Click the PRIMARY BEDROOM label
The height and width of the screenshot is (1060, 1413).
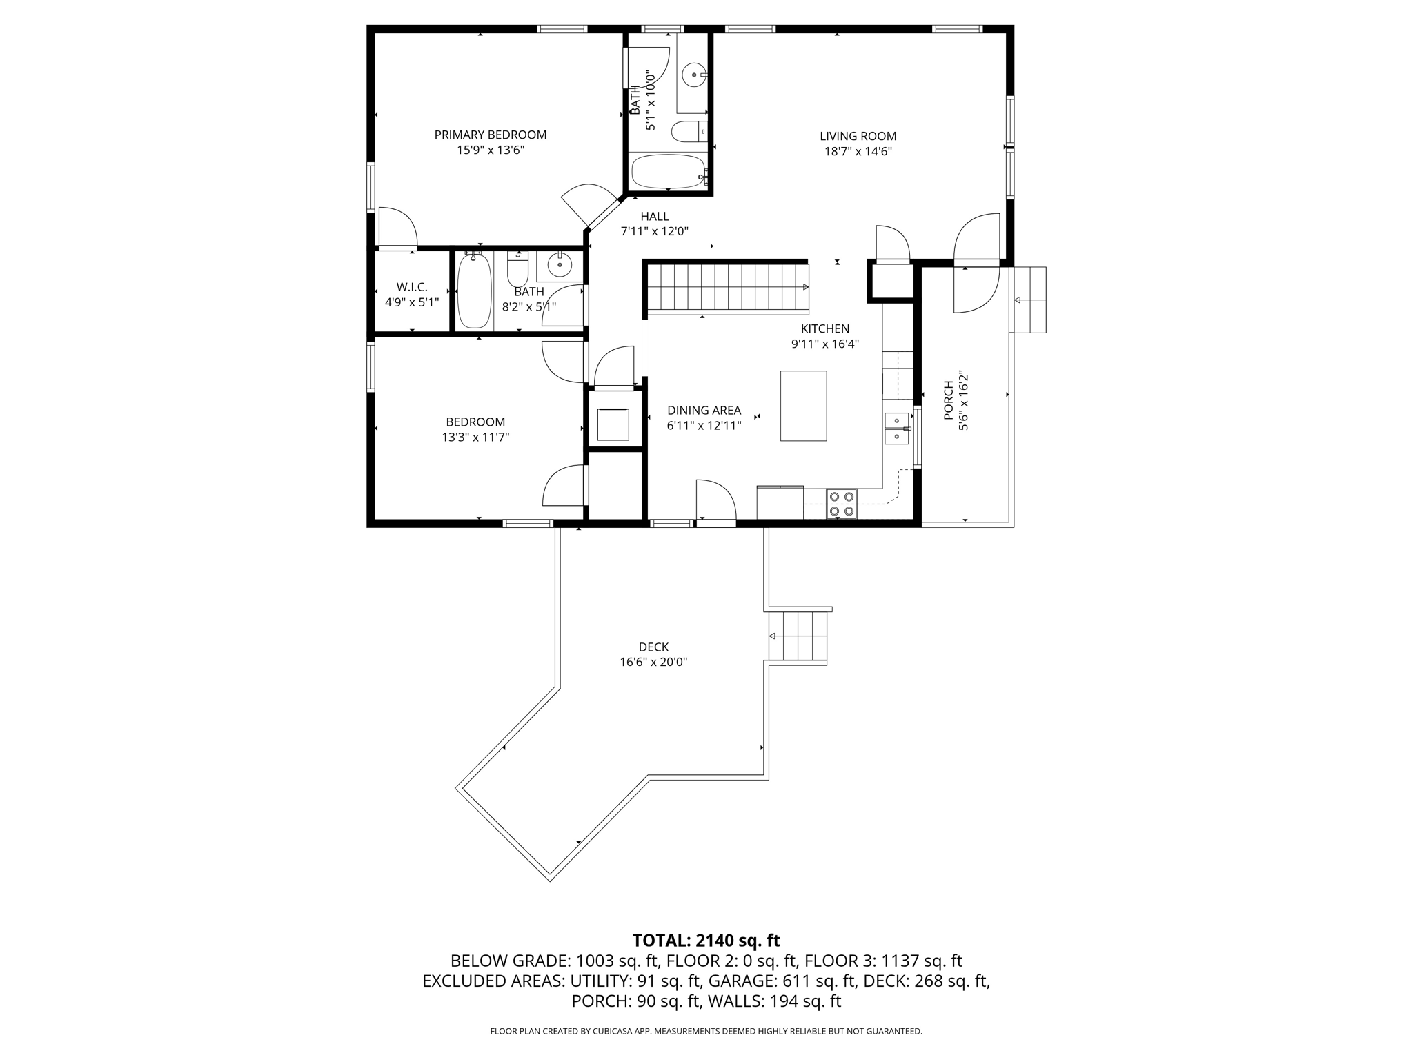tap(490, 135)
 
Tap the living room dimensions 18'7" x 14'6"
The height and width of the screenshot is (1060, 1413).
tap(858, 152)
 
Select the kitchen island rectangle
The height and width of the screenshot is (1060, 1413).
tap(803, 406)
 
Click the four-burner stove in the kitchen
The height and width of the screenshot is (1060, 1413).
tap(842, 503)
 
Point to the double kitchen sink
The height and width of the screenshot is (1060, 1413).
tap(897, 429)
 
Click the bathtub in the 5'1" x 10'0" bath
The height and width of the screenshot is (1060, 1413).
tap(668, 171)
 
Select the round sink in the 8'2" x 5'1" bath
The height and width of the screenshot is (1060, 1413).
tap(559, 264)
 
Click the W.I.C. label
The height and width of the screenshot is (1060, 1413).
tap(412, 287)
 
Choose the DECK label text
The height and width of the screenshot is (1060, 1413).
tap(653, 647)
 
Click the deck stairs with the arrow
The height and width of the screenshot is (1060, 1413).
tap(798, 636)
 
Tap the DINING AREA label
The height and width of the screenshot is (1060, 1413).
tap(704, 410)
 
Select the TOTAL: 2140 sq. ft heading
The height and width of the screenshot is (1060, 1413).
tap(706, 941)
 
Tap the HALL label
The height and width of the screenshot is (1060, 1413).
tap(654, 217)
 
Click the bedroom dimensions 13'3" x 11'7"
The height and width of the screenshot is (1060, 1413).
tap(475, 437)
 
